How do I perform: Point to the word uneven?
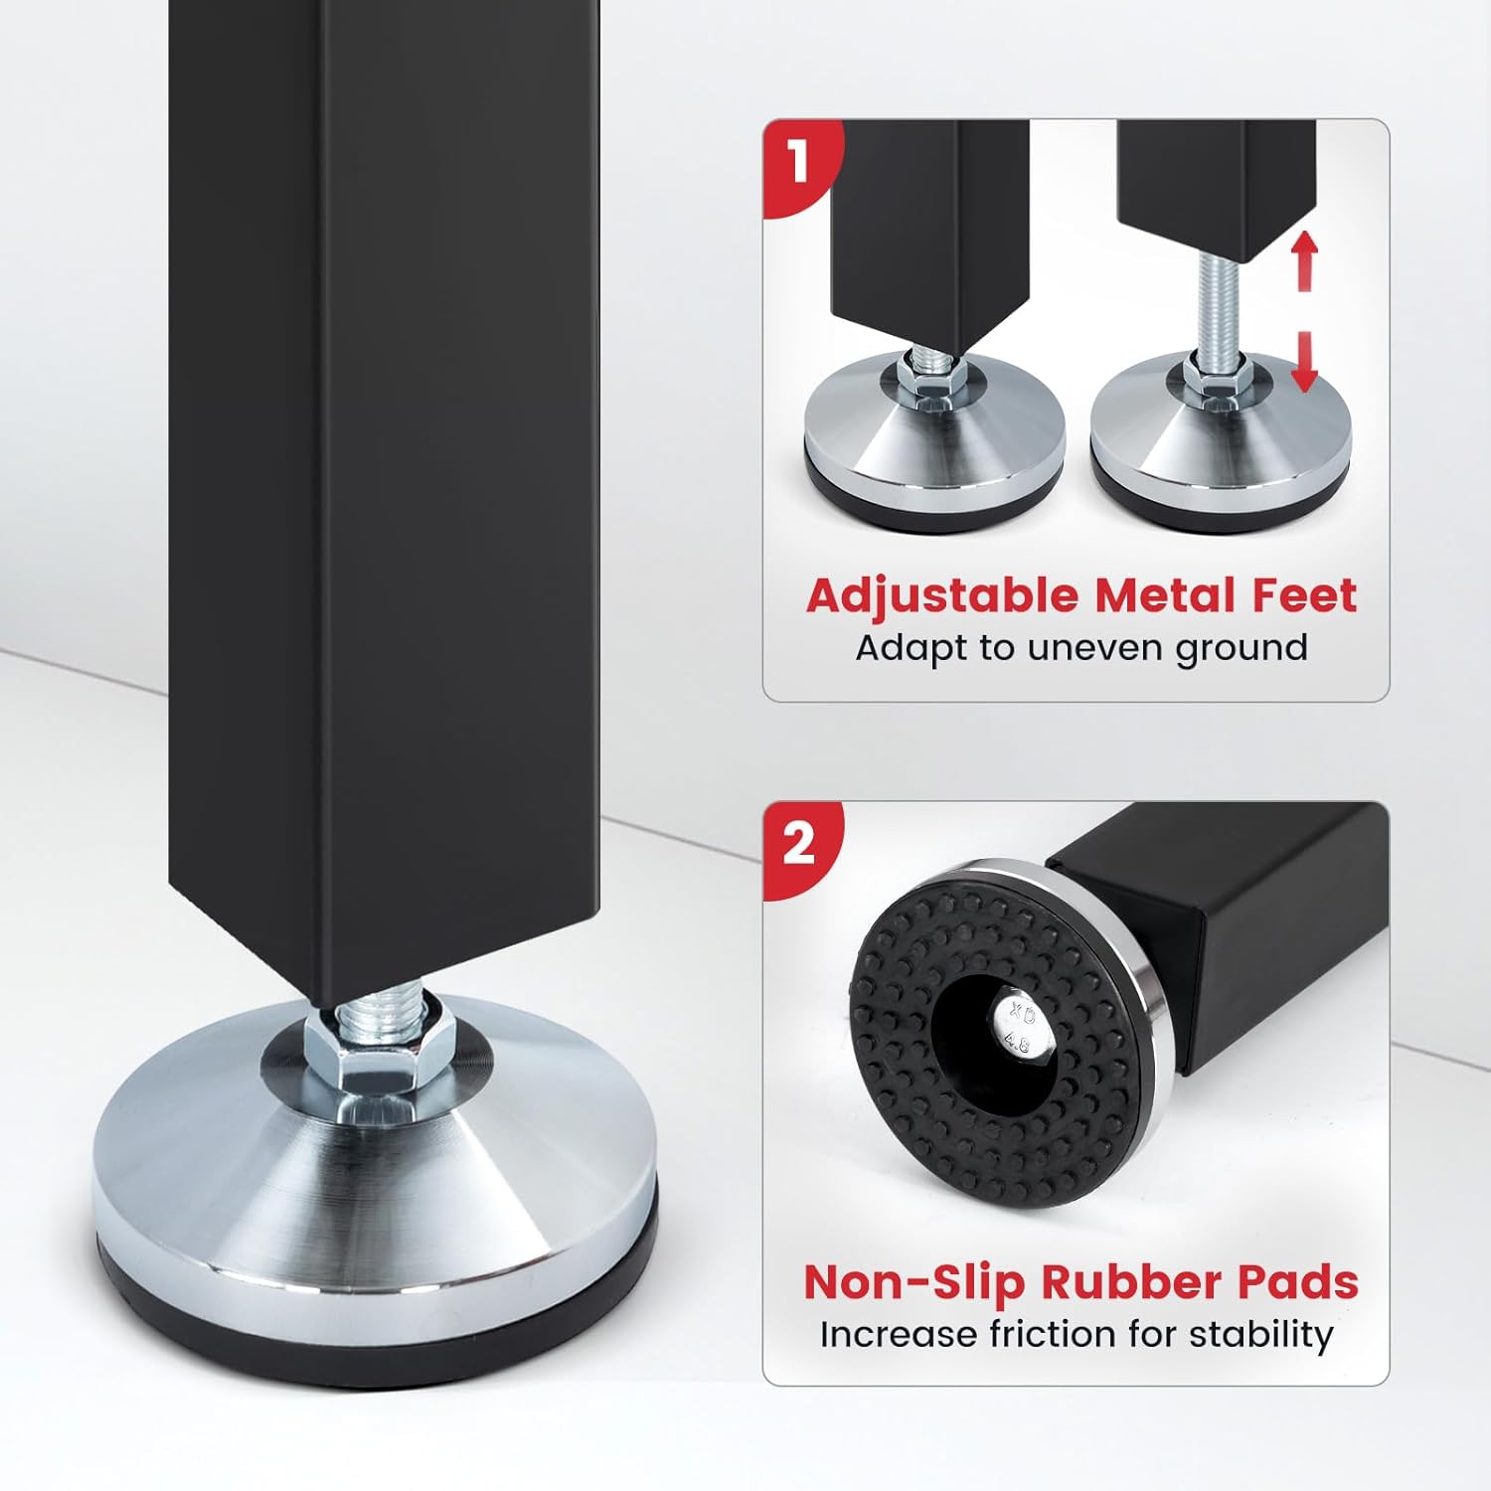(1095, 648)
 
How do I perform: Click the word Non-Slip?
(915, 1281)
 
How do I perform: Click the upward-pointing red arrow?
(1305, 260)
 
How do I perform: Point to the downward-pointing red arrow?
(1305, 361)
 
